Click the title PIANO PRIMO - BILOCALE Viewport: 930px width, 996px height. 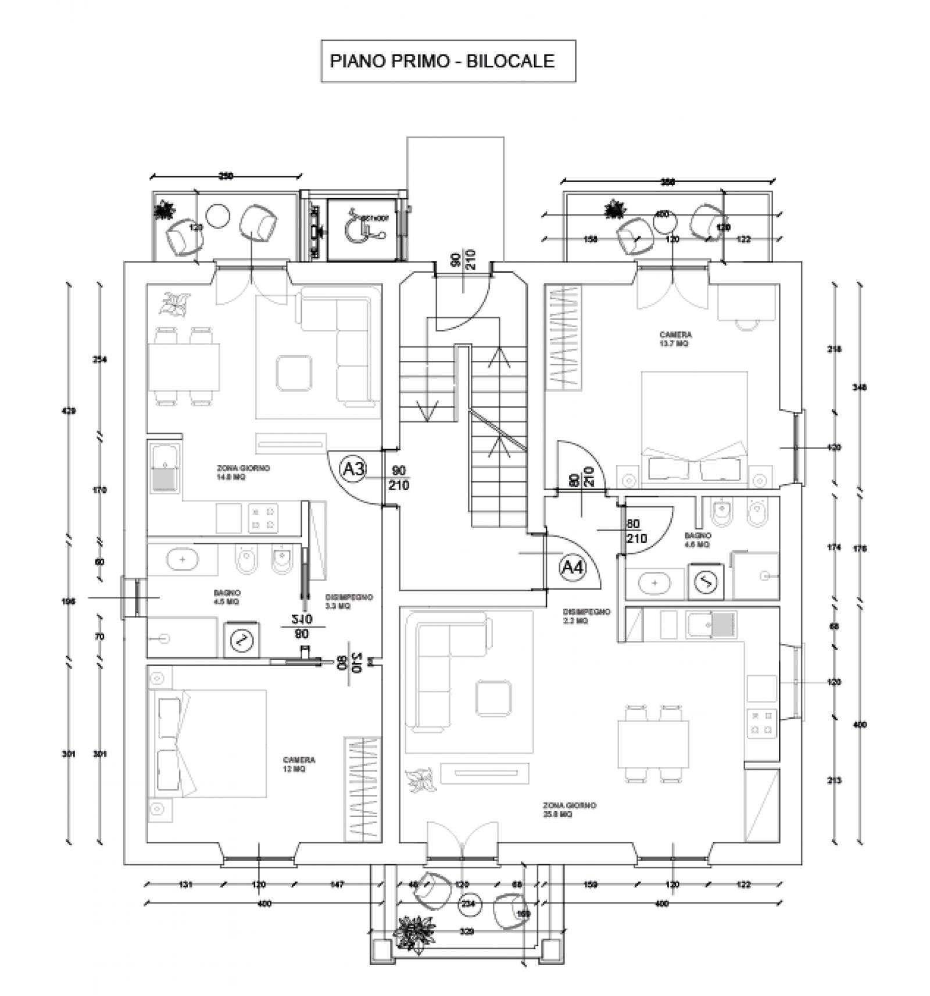point(442,61)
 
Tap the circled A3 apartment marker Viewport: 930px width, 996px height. point(353,468)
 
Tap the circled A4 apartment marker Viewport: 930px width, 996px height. point(574,567)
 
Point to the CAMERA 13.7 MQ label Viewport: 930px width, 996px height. point(675,339)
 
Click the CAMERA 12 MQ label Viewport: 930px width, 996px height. point(299,764)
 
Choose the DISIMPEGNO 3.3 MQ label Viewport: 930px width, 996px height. point(349,601)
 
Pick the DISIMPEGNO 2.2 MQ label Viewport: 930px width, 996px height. point(586,616)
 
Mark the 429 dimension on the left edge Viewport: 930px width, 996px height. point(69,411)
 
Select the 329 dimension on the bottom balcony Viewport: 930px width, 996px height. point(466,931)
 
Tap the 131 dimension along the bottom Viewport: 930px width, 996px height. point(185,884)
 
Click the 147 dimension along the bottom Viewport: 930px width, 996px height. point(337,884)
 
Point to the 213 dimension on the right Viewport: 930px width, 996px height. point(834,780)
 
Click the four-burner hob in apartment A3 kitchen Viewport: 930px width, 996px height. point(263,518)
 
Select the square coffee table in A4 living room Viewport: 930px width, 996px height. point(493,698)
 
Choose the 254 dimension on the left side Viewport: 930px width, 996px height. point(100,360)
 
